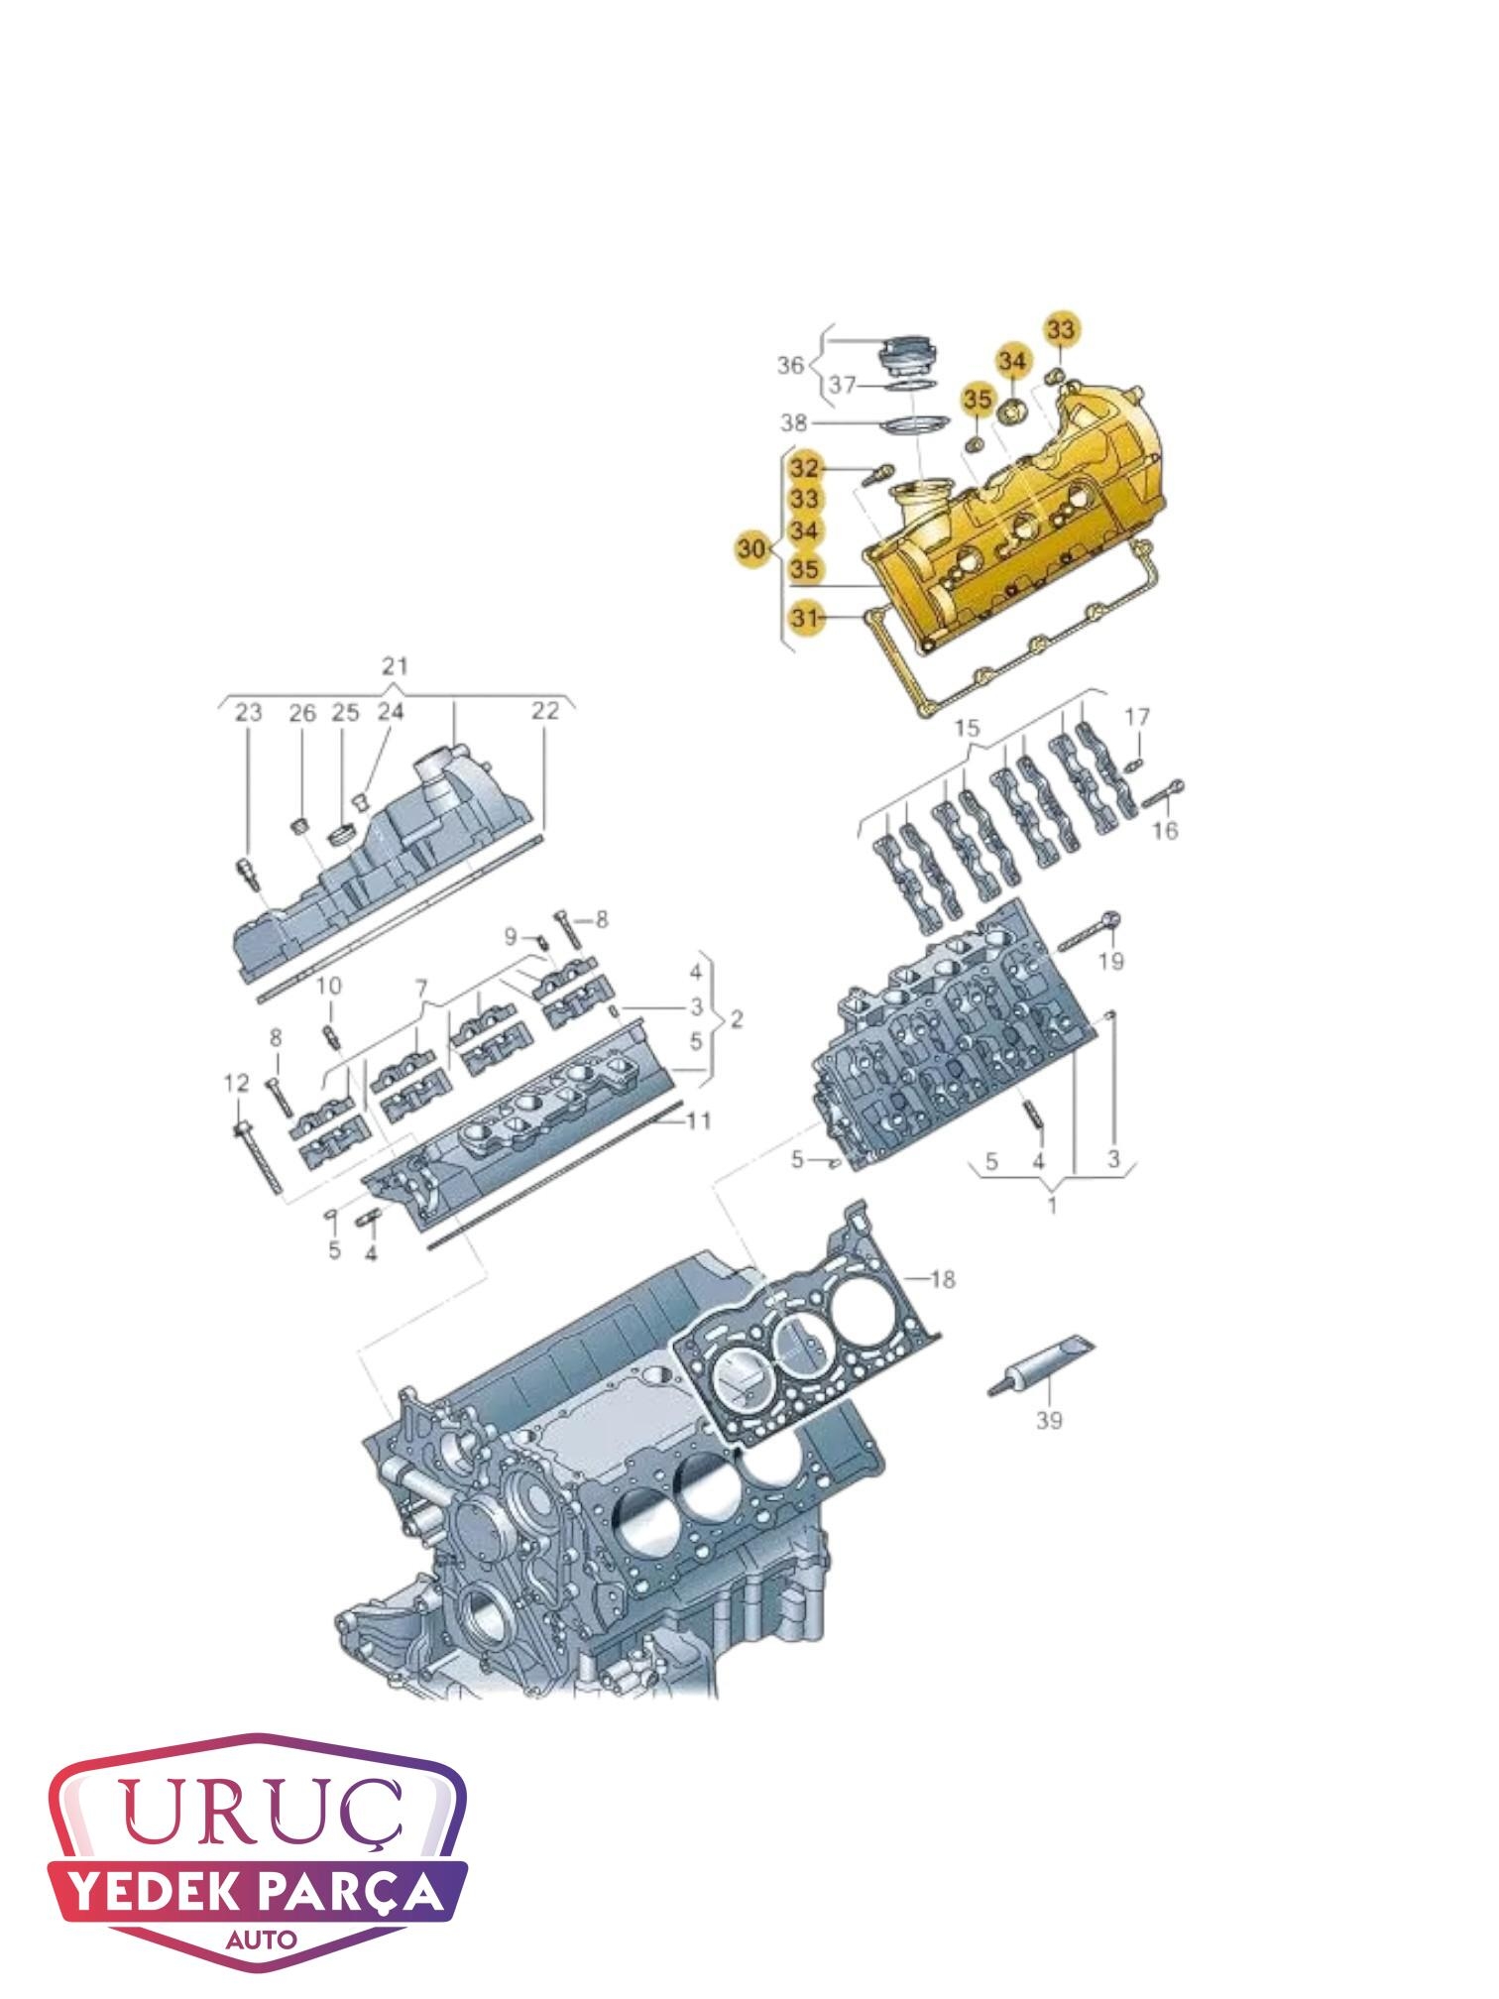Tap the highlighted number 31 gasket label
(x=805, y=619)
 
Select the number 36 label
(x=790, y=366)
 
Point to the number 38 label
(x=794, y=424)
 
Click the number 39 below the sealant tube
(x=1049, y=1421)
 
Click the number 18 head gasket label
(x=942, y=1280)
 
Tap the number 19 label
(x=1111, y=961)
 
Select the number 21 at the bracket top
(x=395, y=665)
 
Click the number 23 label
(x=248, y=712)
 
